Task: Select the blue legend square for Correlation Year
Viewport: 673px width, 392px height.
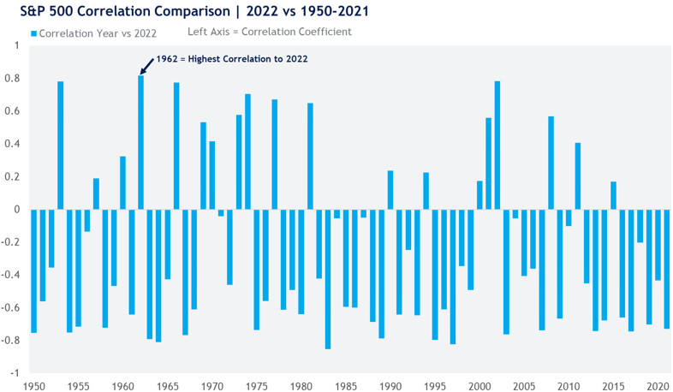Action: pos(33,33)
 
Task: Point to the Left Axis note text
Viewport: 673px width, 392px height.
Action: pos(269,33)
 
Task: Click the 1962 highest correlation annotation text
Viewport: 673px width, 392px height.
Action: pos(231,59)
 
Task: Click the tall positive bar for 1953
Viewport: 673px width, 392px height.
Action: pos(61,146)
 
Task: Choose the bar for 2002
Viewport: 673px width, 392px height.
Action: pos(497,146)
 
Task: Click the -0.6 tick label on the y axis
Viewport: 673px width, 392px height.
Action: pos(13,307)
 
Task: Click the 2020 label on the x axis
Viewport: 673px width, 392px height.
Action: pos(658,385)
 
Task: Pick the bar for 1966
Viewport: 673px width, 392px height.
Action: pos(176,146)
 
